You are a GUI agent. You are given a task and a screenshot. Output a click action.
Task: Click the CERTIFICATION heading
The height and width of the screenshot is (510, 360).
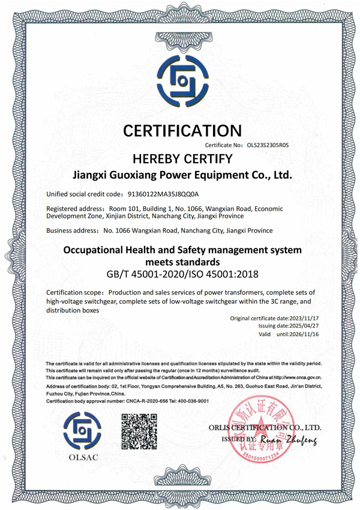(x=182, y=130)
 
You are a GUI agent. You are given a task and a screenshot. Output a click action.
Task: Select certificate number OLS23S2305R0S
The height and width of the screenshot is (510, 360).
(x=263, y=146)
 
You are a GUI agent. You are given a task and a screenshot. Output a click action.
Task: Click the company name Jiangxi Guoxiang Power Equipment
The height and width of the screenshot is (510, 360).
(x=182, y=176)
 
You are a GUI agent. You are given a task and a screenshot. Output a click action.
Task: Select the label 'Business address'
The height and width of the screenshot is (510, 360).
(x=70, y=230)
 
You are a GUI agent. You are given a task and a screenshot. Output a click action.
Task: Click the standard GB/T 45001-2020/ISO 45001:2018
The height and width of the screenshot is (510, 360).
(x=182, y=274)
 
